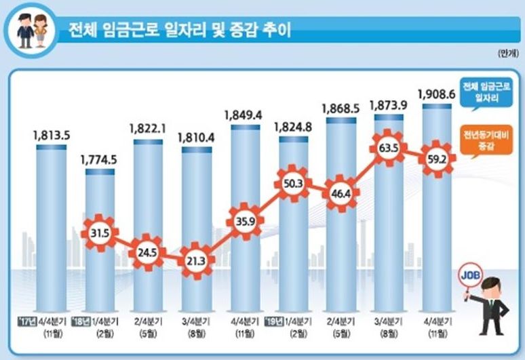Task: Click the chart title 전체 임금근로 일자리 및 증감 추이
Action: pyautogui.click(x=176, y=31)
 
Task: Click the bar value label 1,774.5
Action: pyautogui.click(x=99, y=160)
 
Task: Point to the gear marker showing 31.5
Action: pyautogui.click(x=100, y=235)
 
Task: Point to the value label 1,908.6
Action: pyautogui.click(x=437, y=93)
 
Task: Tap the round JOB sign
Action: pyautogui.click(x=469, y=275)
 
